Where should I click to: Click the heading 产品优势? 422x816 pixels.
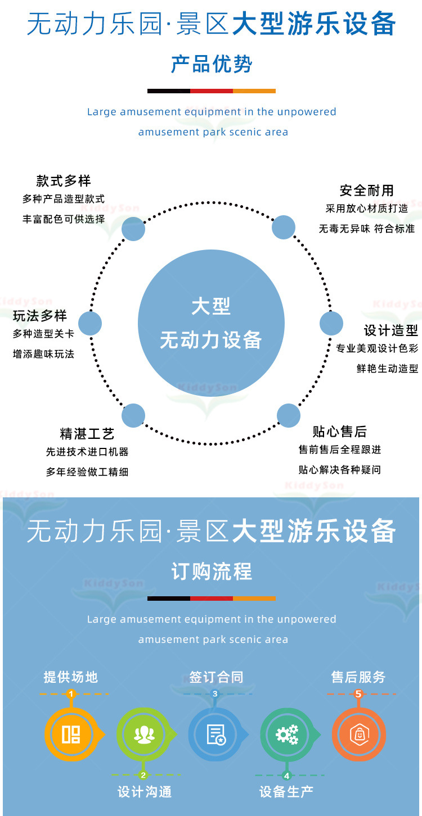(211, 65)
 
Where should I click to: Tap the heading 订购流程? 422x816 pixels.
(211, 572)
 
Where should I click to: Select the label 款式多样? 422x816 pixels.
(64, 180)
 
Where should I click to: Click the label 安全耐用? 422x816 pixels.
(366, 191)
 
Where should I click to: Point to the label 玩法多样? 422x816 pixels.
(40, 315)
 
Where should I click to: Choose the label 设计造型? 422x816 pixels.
(391, 330)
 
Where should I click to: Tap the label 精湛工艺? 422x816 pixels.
(87, 433)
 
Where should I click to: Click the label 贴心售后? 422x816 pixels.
(340, 431)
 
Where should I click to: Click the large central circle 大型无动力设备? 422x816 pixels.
(211, 323)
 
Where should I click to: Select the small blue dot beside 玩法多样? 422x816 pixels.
(90, 324)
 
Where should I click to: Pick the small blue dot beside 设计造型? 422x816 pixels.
(331, 324)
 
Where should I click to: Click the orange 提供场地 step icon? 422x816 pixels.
(71, 735)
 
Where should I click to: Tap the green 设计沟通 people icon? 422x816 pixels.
(143, 735)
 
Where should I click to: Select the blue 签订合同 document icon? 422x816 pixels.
(215, 735)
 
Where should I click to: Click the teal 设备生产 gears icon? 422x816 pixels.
(287, 735)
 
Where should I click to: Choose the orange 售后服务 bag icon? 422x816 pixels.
(358, 735)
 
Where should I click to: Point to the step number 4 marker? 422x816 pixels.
(286, 776)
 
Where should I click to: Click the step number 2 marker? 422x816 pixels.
(143, 776)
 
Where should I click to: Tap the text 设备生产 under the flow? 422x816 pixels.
(286, 792)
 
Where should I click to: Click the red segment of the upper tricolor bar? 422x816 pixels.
(211, 91)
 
